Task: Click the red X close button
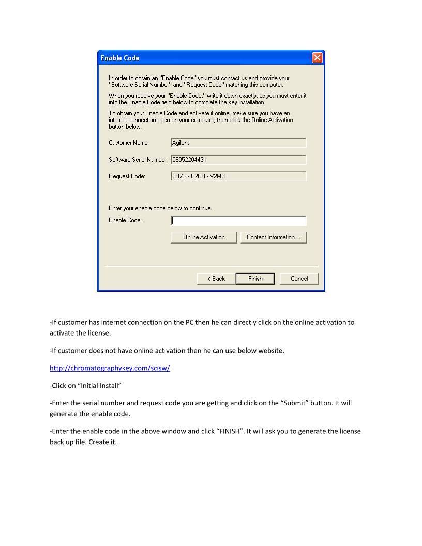click(x=317, y=58)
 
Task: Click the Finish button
click(x=255, y=279)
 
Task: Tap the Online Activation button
click(x=204, y=237)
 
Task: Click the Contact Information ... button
click(x=274, y=237)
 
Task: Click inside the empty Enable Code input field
click(x=238, y=221)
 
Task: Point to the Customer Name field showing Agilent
click(x=238, y=143)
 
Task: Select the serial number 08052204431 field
click(x=238, y=160)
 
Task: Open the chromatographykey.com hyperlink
click(x=110, y=368)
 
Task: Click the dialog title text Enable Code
click(x=120, y=58)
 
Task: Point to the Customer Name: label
click(x=129, y=143)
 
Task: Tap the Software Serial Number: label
click(x=138, y=160)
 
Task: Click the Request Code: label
click(x=127, y=176)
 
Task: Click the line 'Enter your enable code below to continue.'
click(x=160, y=208)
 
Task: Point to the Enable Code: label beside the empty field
click(x=125, y=221)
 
